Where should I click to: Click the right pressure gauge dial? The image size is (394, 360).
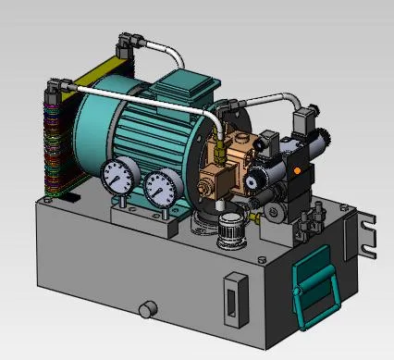(x=161, y=188)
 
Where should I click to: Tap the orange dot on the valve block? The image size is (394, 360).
(x=294, y=170)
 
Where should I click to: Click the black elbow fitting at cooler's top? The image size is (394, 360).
(x=127, y=42)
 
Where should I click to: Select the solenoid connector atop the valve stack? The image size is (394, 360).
(x=302, y=121)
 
